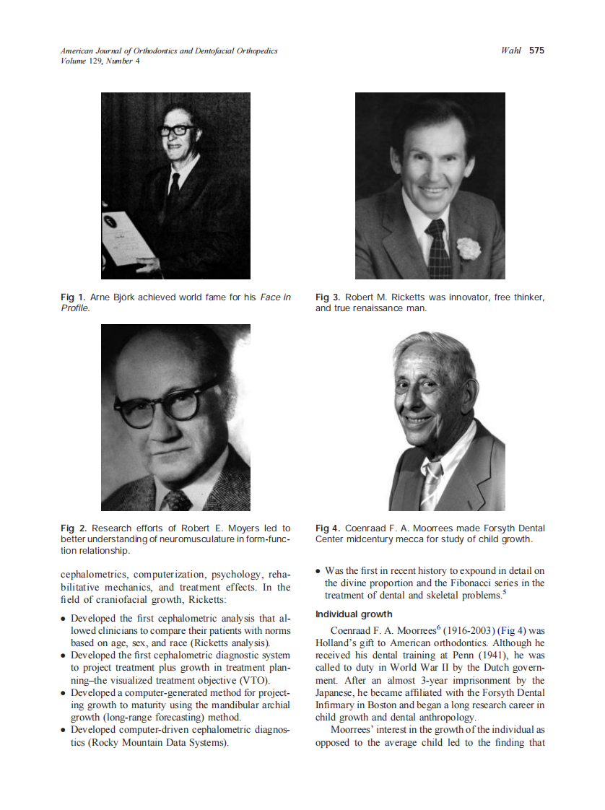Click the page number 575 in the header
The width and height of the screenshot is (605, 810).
click(536, 51)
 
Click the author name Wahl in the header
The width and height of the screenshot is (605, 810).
click(510, 51)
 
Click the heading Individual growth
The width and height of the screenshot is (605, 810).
click(354, 614)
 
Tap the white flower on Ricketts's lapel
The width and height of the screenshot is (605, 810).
click(469, 248)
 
